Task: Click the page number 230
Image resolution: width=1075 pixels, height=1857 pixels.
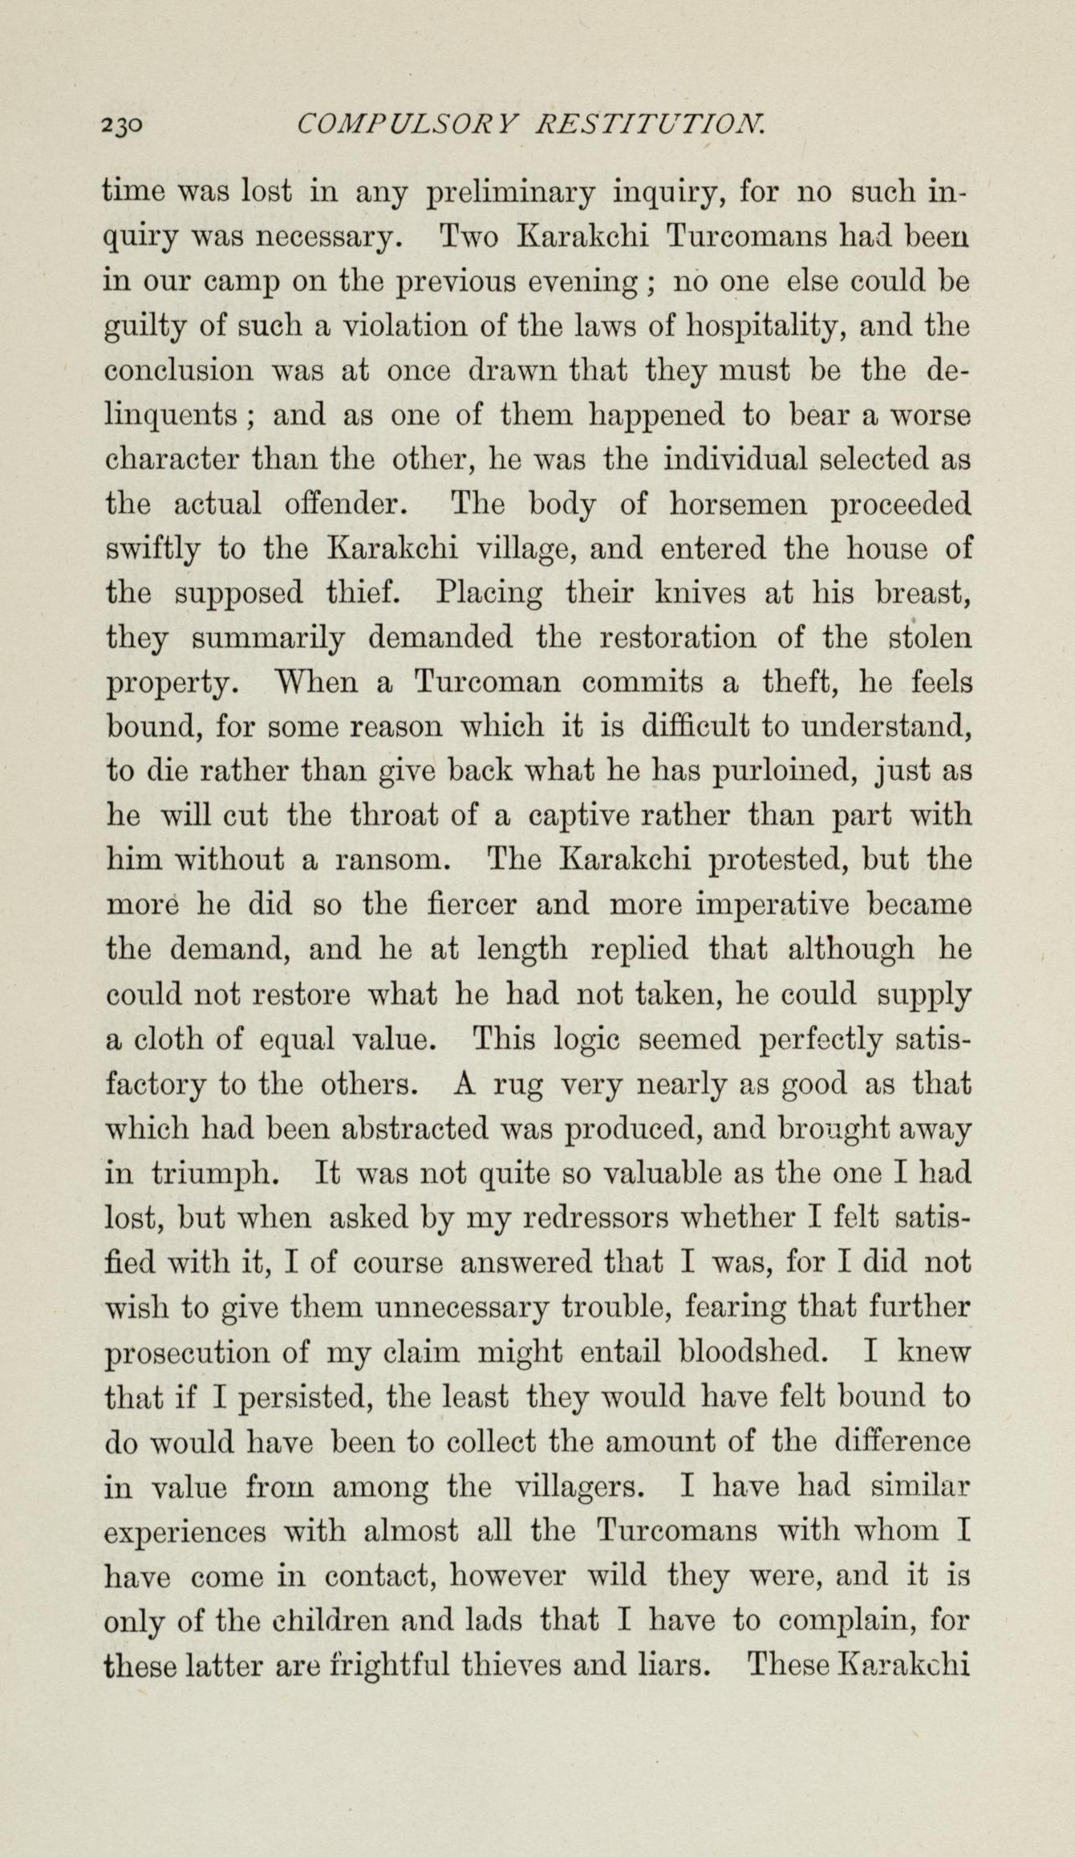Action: click(123, 124)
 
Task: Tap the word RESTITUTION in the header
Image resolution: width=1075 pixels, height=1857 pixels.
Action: click(651, 124)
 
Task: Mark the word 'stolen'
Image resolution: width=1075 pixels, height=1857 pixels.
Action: click(932, 639)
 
